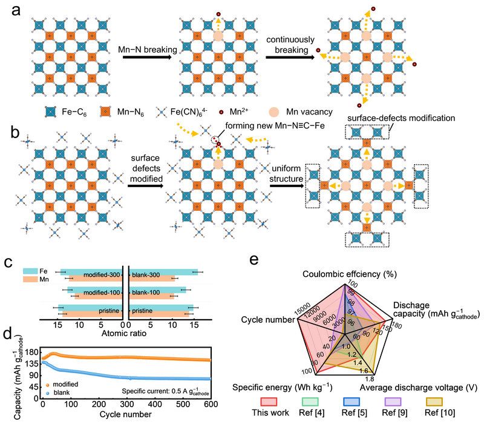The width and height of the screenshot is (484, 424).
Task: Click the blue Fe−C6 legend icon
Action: click(x=51, y=112)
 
